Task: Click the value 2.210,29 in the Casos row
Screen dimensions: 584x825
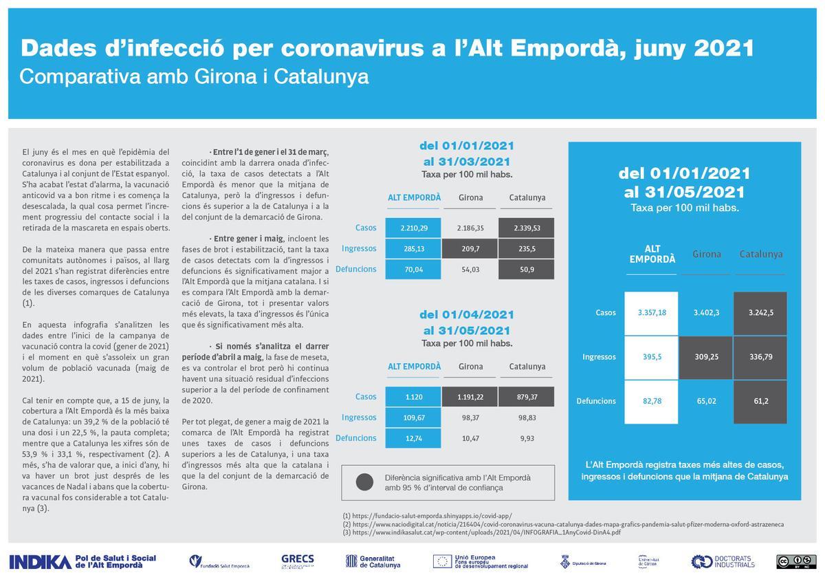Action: [x=413, y=228]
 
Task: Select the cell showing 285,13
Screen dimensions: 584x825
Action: [x=413, y=248]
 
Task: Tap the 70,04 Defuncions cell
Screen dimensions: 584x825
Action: [x=413, y=269]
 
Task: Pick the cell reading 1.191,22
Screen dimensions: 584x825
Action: [x=471, y=397]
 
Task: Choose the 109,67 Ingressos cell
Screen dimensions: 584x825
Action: [x=413, y=418]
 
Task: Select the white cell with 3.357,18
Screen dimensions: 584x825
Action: [x=652, y=313]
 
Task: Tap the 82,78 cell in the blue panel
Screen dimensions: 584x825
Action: [x=652, y=401]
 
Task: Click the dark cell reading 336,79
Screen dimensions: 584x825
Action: [x=761, y=357]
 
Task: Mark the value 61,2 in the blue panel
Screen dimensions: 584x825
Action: [x=761, y=401]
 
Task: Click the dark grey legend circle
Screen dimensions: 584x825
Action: [x=365, y=482]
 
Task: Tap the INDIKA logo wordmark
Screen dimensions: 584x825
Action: [x=40, y=561]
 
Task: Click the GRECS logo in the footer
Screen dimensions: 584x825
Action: [x=298, y=561]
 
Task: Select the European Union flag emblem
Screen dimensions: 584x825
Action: [x=442, y=561]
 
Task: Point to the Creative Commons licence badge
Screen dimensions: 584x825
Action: [x=796, y=561]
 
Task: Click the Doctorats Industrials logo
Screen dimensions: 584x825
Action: [x=723, y=561]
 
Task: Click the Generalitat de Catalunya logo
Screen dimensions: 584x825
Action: [x=373, y=561]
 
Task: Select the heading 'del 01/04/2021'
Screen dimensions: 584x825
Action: [x=467, y=315]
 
